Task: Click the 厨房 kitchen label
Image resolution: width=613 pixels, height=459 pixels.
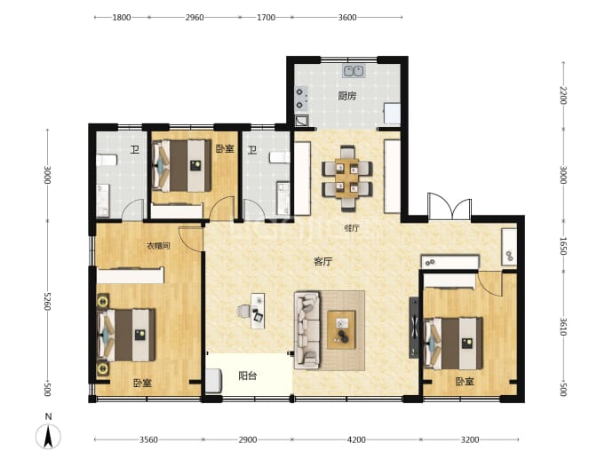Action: [347, 96]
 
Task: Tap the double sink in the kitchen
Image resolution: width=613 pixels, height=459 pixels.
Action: [354, 71]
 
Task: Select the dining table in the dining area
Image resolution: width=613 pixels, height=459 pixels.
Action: [346, 178]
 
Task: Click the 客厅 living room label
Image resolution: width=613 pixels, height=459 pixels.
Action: [323, 261]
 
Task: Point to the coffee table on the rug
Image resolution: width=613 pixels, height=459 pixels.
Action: [341, 329]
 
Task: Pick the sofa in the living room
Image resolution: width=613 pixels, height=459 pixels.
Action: [306, 330]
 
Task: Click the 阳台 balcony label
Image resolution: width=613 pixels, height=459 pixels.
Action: [248, 376]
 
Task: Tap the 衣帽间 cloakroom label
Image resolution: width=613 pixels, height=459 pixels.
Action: [158, 246]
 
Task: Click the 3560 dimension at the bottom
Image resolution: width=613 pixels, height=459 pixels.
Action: [148, 439]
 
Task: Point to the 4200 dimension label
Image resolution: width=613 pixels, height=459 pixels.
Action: [356, 439]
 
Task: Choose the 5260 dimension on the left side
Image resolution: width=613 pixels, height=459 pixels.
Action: [47, 301]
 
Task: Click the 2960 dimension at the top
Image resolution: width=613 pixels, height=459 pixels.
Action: [195, 17]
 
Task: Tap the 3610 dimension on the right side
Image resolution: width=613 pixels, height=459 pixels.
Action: [563, 326]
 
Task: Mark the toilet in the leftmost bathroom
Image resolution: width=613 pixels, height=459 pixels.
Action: [107, 160]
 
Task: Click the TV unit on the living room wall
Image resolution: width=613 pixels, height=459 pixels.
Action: [414, 328]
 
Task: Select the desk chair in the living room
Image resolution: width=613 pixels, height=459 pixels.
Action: [243, 312]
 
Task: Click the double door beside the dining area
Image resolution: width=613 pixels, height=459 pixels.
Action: [450, 206]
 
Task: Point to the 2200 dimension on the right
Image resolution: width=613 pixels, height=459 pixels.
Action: [563, 95]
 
